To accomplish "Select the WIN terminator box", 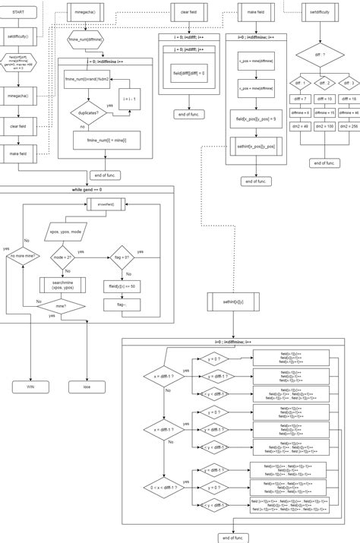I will tap(30, 387).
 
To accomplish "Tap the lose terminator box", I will tap(87, 387).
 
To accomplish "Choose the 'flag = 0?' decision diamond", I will tap(122, 257).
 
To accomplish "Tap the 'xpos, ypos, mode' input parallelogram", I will tap(67, 229).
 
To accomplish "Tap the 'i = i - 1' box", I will tap(130, 99).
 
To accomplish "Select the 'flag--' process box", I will tap(122, 305).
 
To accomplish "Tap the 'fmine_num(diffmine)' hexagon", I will tap(85, 38).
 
